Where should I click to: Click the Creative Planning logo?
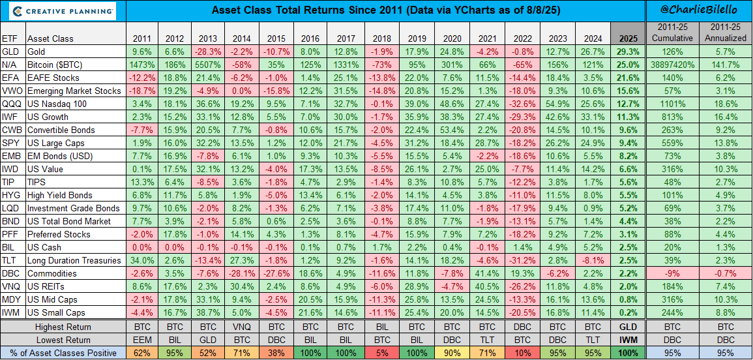click(x=59, y=11)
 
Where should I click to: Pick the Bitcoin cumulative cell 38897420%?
click(x=673, y=65)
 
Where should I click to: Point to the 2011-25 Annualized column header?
click(x=726, y=32)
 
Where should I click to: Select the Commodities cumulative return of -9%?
click(x=673, y=273)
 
